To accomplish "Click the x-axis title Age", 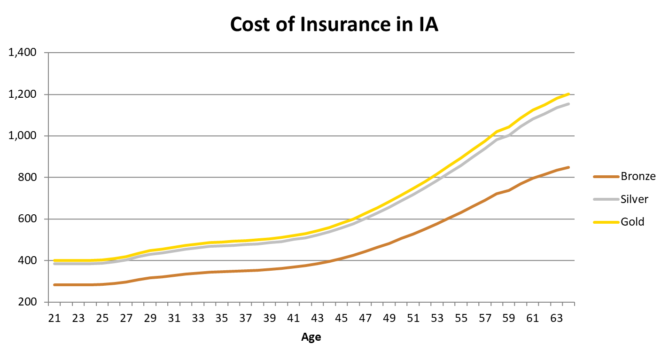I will pyautogui.click(x=311, y=337).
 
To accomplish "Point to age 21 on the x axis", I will pyautogui.click(x=55, y=319).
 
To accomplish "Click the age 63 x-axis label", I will pyautogui.click(x=557, y=319).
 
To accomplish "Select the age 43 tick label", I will pyautogui.click(x=318, y=319).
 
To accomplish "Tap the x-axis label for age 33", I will pyautogui.click(x=198, y=319).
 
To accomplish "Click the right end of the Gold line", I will pyautogui.click(x=569, y=94).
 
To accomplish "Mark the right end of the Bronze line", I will pyautogui.click(x=569, y=167).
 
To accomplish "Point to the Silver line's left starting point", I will pyautogui.click(x=55, y=264).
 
